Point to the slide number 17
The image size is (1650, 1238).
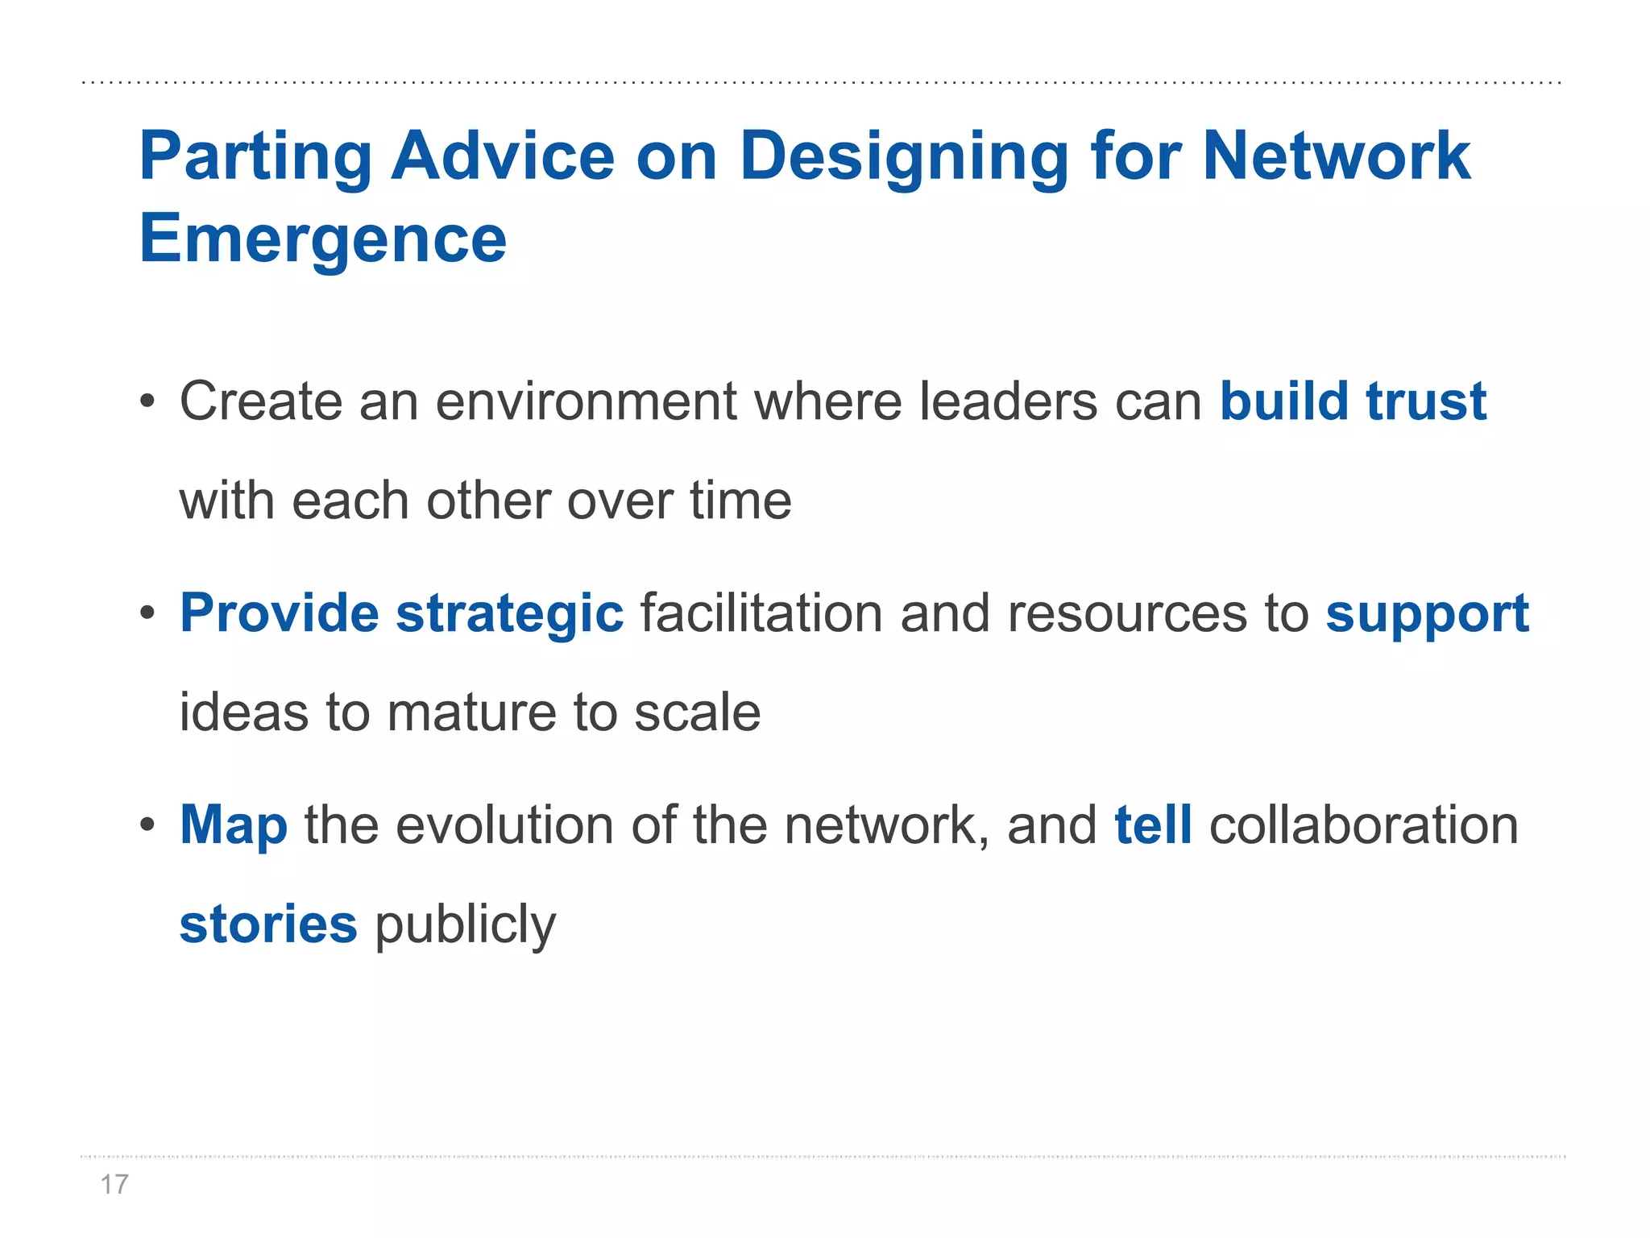coord(114,1184)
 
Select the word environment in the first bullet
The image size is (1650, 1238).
coord(586,401)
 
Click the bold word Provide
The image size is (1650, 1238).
coord(279,613)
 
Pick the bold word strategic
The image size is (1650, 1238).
coord(509,615)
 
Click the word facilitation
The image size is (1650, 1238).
coord(761,613)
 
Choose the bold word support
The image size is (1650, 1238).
coord(1427,615)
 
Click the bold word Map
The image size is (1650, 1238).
coord(233,826)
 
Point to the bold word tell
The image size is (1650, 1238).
coord(1153,825)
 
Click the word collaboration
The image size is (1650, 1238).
coord(1363,825)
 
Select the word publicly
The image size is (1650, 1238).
coord(465,925)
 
